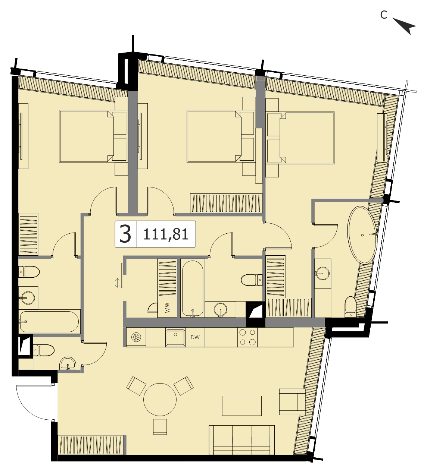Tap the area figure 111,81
(x=166, y=234)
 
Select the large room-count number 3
(x=125, y=234)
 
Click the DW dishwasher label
(x=195, y=337)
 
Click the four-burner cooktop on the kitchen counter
(x=247, y=337)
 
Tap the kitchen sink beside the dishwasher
(x=175, y=338)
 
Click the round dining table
(x=160, y=400)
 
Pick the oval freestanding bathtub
(x=362, y=235)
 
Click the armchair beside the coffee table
(x=292, y=402)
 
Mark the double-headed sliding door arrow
(x=117, y=283)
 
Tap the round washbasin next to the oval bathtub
(x=322, y=274)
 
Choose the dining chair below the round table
(x=160, y=426)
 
